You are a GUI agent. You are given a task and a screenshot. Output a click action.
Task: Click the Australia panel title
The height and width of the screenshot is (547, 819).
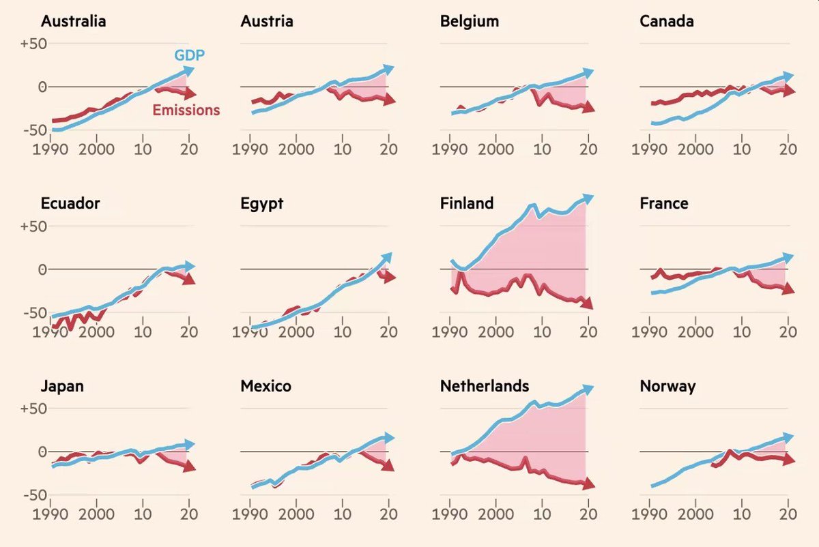click(x=73, y=21)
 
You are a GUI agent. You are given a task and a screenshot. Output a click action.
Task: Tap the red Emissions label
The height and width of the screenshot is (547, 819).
click(x=186, y=110)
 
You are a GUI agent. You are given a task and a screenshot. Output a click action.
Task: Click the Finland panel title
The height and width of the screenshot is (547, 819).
click(x=467, y=204)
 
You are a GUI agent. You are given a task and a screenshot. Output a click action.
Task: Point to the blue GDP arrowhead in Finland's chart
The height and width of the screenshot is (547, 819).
click(x=588, y=198)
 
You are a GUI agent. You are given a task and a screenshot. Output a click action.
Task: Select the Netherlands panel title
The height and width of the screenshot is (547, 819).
click(x=485, y=386)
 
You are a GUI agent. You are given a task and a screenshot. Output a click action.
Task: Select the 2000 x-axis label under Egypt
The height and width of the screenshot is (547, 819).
click(x=296, y=332)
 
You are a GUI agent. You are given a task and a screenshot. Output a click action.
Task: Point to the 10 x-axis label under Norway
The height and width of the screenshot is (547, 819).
click(x=742, y=514)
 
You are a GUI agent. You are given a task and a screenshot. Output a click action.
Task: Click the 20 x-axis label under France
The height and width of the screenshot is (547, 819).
click(x=788, y=332)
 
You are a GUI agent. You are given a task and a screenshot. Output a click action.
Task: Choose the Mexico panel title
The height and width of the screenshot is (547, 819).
click(x=265, y=387)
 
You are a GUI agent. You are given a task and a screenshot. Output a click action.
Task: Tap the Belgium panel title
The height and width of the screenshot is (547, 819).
click(x=470, y=21)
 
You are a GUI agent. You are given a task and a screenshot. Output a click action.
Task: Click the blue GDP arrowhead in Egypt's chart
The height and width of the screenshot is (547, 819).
click(x=388, y=257)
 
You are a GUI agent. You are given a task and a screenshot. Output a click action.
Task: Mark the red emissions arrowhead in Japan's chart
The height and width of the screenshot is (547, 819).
click(x=189, y=467)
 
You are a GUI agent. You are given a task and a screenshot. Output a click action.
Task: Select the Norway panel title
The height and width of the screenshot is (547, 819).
click(x=667, y=387)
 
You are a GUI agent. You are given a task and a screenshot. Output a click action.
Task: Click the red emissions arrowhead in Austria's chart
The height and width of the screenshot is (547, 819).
click(x=389, y=100)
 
